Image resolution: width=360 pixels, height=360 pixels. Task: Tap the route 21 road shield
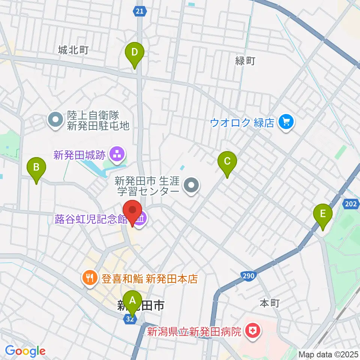click(x=139, y=12)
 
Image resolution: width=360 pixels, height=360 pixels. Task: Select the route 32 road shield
click(x=129, y=319)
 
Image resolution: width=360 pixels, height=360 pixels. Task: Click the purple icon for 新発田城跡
click(x=114, y=153)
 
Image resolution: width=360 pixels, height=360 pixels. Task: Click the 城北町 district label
click(x=73, y=50)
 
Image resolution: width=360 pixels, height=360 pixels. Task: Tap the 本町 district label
click(x=270, y=303)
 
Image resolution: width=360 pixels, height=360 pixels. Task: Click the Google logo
click(x=25, y=351)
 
